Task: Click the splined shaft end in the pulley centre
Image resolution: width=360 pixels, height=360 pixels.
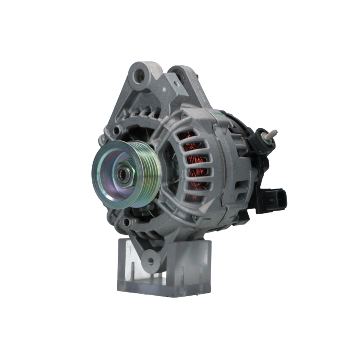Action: coord(121,175)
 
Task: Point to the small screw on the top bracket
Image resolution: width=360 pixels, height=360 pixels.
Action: coord(176,84)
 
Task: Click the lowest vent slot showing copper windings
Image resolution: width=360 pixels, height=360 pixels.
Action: coord(194,197)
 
